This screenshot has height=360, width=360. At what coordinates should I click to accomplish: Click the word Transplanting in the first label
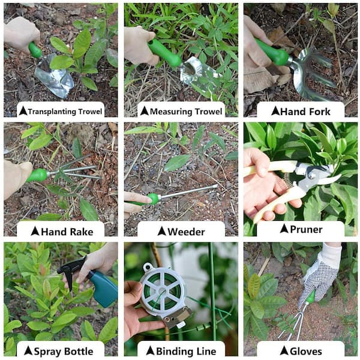click(52, 112)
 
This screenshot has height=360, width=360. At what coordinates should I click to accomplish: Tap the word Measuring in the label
click(171, 112)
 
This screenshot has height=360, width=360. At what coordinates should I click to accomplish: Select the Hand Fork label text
click(305, 112)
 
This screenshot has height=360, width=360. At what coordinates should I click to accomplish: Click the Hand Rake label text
click(67, 232)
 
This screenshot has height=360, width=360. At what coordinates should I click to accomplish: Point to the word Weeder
click(186, 232)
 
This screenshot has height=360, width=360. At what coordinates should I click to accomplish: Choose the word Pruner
click(306, 229)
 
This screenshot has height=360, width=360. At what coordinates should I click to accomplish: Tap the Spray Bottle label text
click(64, 352)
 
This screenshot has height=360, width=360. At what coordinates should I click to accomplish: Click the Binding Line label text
click(186, 352)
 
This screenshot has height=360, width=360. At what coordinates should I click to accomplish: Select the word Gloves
click(306, 352)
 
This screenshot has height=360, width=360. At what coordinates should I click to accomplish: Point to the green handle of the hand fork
click(272, 52)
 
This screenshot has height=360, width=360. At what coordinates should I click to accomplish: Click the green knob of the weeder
click(153, 199)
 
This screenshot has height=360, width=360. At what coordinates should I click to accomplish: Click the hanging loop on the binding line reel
click(147, 267)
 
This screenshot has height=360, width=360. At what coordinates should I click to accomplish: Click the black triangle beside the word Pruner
click(284, 229)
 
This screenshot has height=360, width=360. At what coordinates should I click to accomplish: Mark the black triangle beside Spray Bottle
click(28, 351)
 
